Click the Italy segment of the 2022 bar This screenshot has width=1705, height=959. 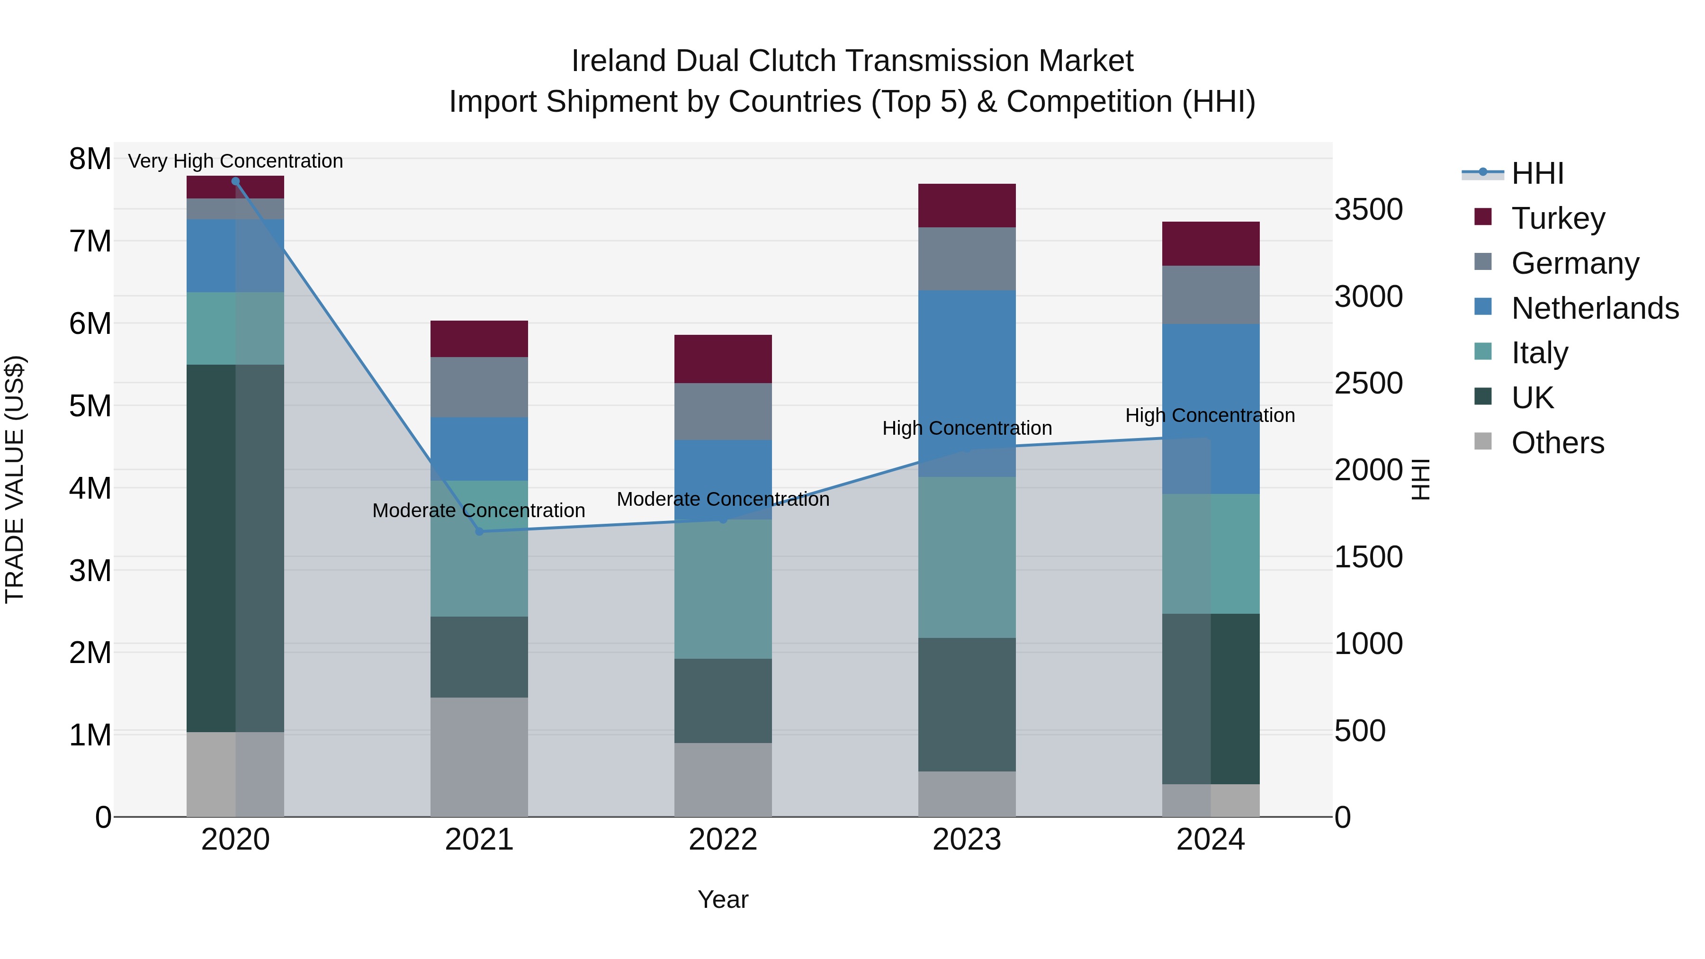(723, 589)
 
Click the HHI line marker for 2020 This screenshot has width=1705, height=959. (236, 181)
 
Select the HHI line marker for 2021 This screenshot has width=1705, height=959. (479, 531)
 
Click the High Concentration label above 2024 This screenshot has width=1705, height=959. (1210, 416)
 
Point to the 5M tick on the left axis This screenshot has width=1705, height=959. (90, 406)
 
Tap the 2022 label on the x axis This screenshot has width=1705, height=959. (723, 839)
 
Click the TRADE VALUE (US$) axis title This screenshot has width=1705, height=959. (15, 479)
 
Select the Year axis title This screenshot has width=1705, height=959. (723, 899)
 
